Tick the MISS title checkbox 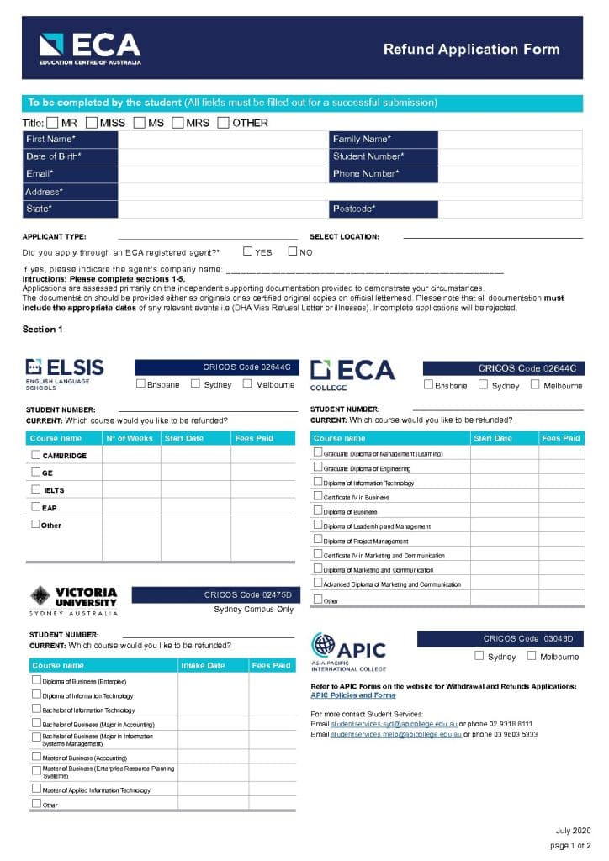tap(92, 123)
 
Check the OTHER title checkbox tap(223, 123)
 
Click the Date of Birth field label tap(54, 156)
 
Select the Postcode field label tap(354, 209)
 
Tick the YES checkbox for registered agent tap(248, 251)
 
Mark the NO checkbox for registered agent tap(293, 251)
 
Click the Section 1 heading tap(42, 329)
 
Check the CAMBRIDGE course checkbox tap(36, 455)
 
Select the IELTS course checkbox tap(36, 489)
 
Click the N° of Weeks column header tap(130, 438)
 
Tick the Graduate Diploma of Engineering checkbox tap(318, 467)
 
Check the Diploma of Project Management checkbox tap(318, 540)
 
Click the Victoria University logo tap(74, 600)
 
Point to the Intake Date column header tap(204, 665)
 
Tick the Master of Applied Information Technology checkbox tap(36, 789)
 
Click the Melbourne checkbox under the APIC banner tap(532, 656)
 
